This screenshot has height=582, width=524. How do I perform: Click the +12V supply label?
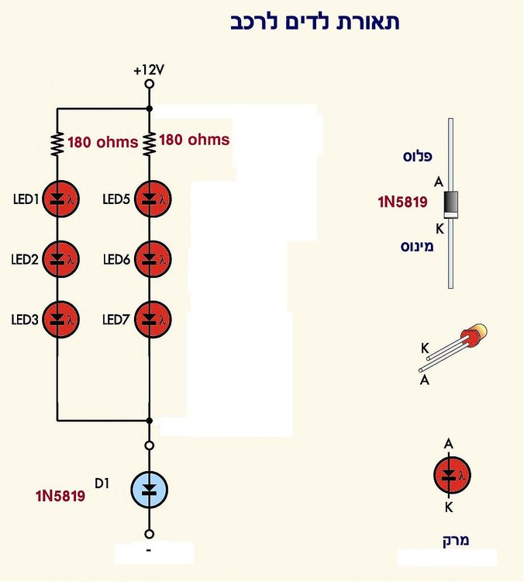(x=149, y=70)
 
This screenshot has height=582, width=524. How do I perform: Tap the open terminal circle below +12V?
(x=149, y=85)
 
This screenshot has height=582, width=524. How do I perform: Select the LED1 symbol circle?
(x=60, y=199)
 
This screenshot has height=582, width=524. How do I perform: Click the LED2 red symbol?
(x=60, y=258)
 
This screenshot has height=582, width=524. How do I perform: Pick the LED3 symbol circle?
(x=60, y=319)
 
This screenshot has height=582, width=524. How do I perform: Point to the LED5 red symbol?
(x=153, y=199)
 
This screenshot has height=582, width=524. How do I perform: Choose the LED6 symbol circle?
(x=153, y=258)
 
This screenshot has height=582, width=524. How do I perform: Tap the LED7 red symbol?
(x=153, y=319)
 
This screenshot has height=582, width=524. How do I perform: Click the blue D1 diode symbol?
(x=150, y=490)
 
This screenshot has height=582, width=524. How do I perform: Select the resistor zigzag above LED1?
(x=57, y=144)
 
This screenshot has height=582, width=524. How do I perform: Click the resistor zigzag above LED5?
(x=149, y=144)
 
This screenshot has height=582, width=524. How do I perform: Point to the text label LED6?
(x=116, y=259)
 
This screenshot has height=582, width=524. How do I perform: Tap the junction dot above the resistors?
(x=149, y=109)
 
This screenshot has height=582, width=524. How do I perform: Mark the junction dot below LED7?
(x=149, y=421)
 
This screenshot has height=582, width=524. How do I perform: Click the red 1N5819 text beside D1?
(x=60, y=496)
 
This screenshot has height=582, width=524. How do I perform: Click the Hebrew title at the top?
(x=315, y=23)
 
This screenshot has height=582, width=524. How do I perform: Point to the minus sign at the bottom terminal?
(x=149, y=549)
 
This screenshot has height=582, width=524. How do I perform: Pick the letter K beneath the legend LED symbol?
(x=449, y=507)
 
